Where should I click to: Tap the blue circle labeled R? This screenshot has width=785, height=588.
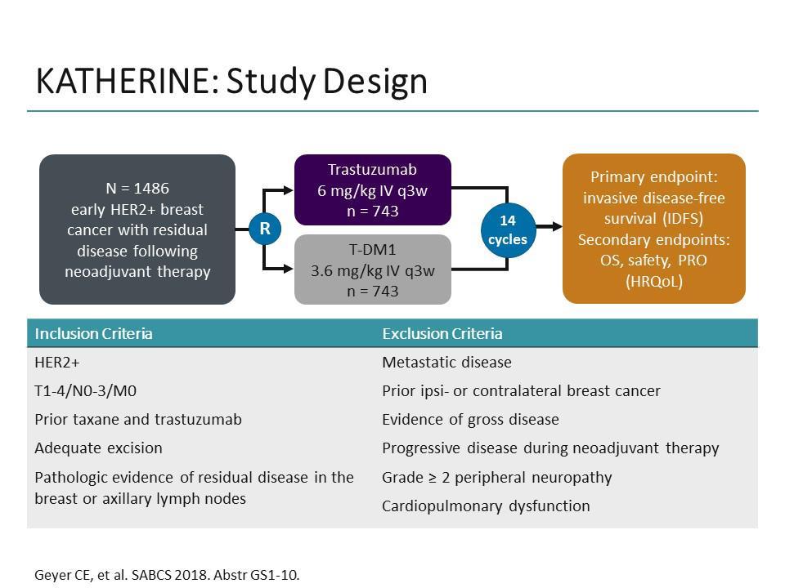265,229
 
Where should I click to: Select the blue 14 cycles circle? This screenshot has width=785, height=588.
508,230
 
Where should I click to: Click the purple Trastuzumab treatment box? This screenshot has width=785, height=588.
373,190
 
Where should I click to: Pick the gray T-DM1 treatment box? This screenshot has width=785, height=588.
373,269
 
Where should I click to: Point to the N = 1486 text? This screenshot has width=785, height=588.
137,189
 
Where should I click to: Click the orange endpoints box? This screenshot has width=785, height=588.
654,229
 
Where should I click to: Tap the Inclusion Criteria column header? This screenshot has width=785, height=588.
93,333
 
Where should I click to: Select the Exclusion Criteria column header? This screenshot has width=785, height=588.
442,333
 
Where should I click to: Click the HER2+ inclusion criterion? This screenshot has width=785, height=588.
57,362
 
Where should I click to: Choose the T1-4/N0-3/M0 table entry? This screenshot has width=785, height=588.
86,390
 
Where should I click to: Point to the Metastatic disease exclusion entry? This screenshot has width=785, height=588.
446,362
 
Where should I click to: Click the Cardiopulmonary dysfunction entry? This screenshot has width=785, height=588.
486,506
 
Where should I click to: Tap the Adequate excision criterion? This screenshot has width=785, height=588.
99,448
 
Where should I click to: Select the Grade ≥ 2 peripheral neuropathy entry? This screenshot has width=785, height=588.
496,478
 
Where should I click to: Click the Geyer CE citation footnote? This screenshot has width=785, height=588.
167,575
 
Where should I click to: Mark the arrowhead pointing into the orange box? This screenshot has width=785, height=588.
556,227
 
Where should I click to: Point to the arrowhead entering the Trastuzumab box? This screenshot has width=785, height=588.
289,190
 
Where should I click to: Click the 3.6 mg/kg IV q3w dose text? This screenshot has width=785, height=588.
373,270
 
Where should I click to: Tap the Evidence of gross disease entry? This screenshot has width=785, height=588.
470,420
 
